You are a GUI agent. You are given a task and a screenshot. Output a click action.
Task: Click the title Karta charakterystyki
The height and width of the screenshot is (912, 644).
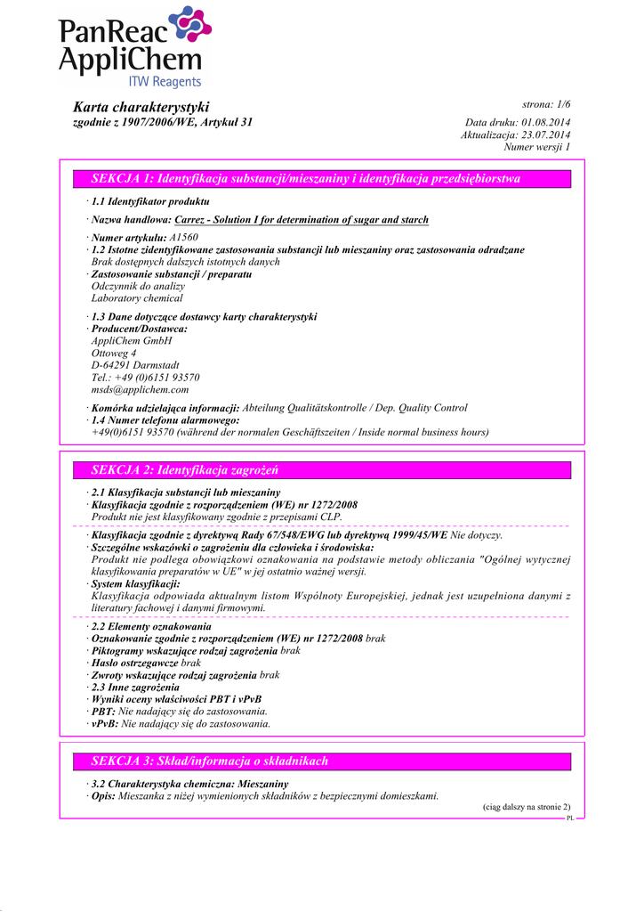(x=141, y=107)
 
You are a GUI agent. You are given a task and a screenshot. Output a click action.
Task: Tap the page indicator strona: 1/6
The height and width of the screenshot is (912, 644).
(x=546, y=105)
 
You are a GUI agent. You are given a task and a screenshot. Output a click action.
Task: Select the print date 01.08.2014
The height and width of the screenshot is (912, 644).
(x=546, y=122)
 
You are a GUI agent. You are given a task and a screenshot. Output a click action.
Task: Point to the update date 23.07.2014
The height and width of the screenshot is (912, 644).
(x=546, y=134)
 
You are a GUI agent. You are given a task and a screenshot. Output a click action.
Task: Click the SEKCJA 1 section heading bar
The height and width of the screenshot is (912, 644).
(x=322, y=179)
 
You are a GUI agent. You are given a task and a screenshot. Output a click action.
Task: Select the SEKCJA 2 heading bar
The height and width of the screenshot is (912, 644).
(x=322, y=470)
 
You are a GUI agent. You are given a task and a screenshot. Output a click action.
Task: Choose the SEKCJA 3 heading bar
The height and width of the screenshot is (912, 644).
(x=322, y=761)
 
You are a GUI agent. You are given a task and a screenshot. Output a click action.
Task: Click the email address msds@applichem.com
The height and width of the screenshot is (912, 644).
(x=140, y=389)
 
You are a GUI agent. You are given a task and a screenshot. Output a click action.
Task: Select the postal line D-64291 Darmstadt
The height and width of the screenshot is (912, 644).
(x=135, y=365)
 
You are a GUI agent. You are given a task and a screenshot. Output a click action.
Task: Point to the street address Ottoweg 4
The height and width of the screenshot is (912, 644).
(x=114, y=353)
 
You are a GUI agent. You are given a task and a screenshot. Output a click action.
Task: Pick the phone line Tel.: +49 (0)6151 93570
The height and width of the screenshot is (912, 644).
(x=146, y=378)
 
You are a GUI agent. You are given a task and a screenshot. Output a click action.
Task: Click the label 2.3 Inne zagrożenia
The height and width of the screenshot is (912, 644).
(x=134, y=688)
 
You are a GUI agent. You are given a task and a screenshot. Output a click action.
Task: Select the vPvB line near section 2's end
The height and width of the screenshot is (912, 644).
(x=181, y=724)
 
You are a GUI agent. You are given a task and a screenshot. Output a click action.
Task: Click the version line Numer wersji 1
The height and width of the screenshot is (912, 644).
(x=536, y=147)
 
